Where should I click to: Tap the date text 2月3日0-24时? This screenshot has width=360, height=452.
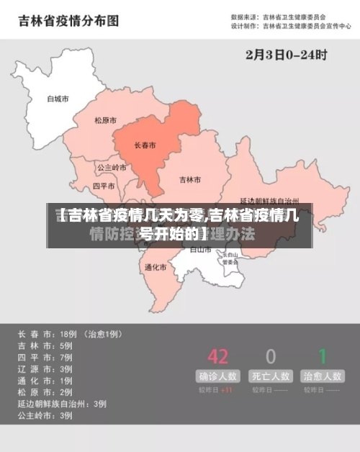point(287,54)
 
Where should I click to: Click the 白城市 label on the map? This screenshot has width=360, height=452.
point(58,99)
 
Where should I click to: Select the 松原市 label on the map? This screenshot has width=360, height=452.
point(106,121)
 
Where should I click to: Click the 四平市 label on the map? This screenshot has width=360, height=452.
point(104,186)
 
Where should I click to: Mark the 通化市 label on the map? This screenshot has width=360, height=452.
point(156,267)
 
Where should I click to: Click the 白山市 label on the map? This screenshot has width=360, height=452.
point(199,250)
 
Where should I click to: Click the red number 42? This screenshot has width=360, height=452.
point(217,356)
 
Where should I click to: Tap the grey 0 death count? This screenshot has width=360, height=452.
point(271,356)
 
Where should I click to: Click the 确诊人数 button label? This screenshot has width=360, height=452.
point(217,376)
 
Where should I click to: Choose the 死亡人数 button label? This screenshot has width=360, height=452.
point(271,376)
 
